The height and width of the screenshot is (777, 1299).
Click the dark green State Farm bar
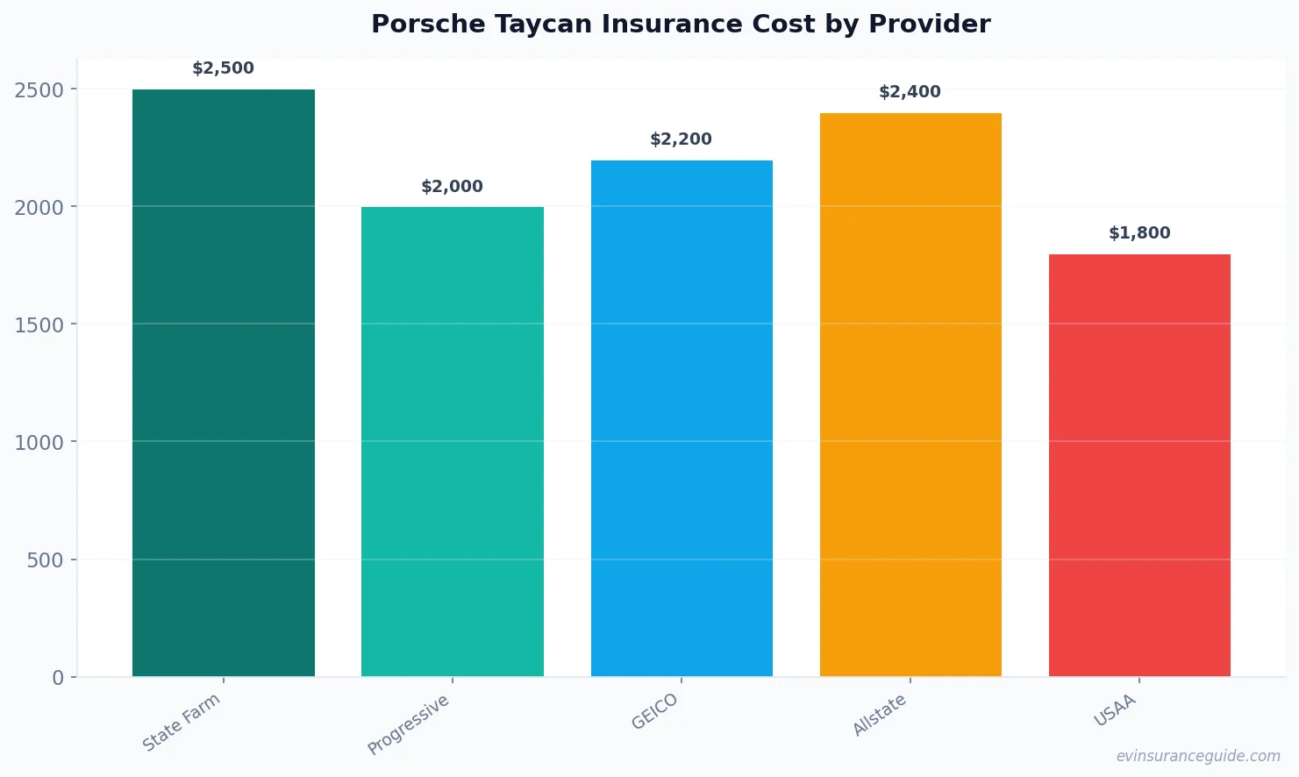coord(224,382)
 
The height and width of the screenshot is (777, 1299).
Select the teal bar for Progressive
coord(453,441)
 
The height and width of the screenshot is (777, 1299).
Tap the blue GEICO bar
coord(682,417)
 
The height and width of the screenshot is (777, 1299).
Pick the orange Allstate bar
coord(910,395)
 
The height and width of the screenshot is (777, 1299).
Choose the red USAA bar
coord(1139,465)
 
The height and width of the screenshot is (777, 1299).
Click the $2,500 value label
coord(224,68)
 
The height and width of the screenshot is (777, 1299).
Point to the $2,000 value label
coord(453,187)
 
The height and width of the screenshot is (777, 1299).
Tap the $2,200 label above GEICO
coord(682,139)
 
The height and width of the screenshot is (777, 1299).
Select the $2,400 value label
coord(910,92)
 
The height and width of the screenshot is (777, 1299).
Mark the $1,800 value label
coord(1139,233)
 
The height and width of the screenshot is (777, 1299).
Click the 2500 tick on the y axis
coord(39,89)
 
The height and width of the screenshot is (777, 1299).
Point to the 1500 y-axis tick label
coord(39,324)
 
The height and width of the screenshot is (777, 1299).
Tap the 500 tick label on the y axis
coord(45,560)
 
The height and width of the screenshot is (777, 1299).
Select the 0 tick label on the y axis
coord(58,678)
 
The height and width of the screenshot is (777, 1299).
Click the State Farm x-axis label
coord(182,722)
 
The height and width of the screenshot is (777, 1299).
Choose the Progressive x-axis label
coord(409,724)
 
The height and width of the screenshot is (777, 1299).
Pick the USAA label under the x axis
coord(1115,710)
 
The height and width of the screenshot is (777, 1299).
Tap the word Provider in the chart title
coord(930,25)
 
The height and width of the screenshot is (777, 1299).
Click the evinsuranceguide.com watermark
coord(1198,756)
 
